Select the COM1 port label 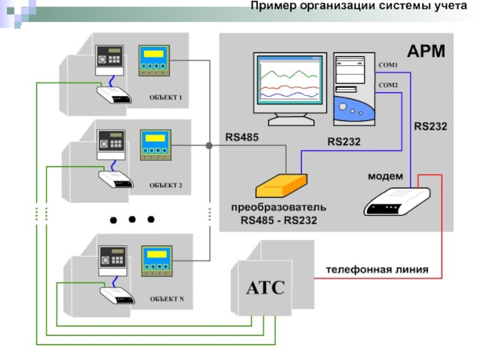click(387, 64)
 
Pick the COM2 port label click(388, 85)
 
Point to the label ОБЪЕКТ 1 click(166, 97)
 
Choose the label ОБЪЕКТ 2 click(166, 185)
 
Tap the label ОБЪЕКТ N click(167, 298)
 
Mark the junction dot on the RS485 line click(209, 146)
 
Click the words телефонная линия click(377, 270)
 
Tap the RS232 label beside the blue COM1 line click(430, 127)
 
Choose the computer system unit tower click(354, 90)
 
